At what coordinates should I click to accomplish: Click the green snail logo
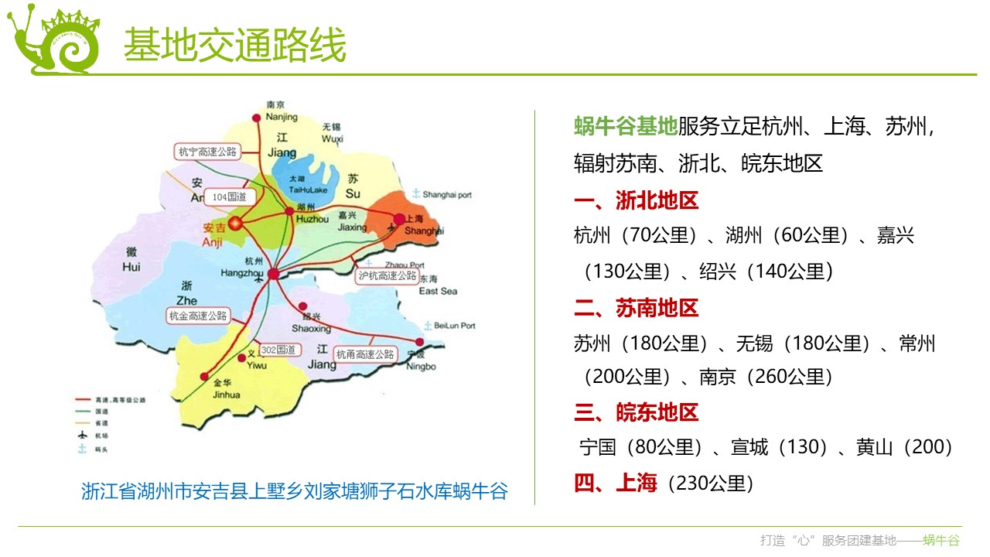tap(54, 43)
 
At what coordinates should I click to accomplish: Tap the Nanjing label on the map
tap(281, 117)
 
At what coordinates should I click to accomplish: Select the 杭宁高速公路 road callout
tap(207, 152)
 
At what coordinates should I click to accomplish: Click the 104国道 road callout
tap(230, 198)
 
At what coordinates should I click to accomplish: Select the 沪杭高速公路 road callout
tap(387, 275)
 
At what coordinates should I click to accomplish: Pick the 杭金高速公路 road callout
tap(198, 316)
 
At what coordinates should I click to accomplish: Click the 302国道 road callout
tap(278, 350)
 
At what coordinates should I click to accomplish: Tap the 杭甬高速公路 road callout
tap(364, 354)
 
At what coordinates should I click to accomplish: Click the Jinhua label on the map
tap(226, 394)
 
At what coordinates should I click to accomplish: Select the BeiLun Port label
tap(454, 326)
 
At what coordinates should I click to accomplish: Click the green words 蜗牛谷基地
tap(625, 126)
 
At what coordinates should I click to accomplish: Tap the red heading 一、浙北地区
tap(636, 201)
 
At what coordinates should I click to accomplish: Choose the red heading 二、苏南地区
tap(636, 308)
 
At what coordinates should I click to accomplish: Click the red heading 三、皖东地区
tap(636, 412)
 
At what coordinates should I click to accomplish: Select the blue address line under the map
tap(295, 491)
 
